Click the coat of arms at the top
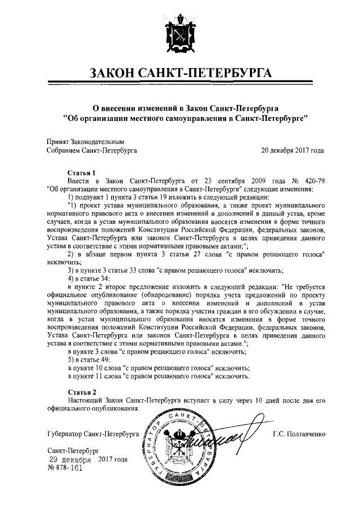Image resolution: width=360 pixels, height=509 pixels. coord(179,33)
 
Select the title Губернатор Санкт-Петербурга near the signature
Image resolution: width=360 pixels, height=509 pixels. coord(93,435)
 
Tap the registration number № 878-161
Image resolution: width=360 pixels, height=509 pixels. coord(65,468)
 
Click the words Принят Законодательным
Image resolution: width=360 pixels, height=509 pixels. coord(85,142)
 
